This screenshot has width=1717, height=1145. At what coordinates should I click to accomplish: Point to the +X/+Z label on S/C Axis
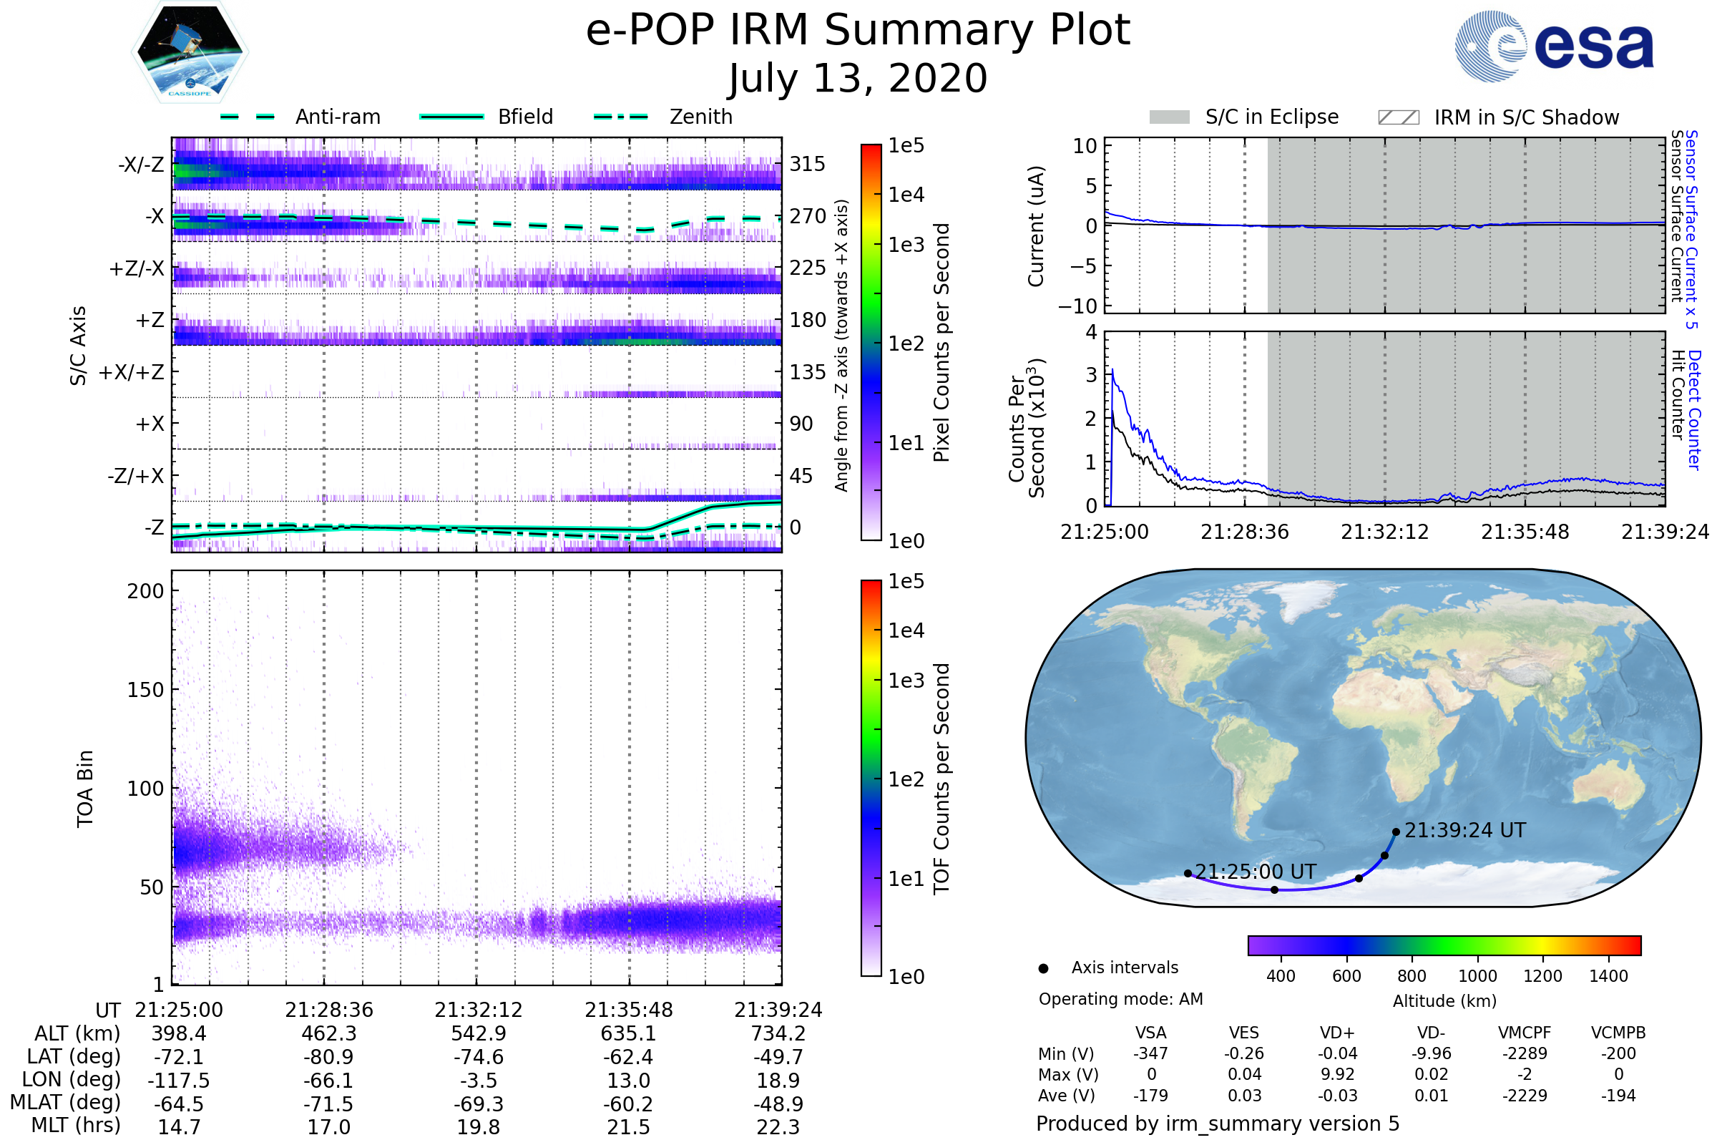pos(132,372)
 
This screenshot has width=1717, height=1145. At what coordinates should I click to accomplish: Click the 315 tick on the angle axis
pos(808,164)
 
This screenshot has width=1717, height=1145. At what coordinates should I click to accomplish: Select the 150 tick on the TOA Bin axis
pos(145,690)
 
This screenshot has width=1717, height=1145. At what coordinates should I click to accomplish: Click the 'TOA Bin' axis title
pos(84,789)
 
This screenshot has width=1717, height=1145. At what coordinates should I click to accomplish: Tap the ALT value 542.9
pos(478,1034)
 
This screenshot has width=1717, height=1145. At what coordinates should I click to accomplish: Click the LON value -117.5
pos(179,1081)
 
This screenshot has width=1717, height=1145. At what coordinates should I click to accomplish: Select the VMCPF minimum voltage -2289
pos(1525,1053)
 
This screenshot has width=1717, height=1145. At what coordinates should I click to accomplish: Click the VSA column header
pos(1150,1033)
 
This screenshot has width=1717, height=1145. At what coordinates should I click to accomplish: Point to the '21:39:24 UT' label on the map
pos(1464,831)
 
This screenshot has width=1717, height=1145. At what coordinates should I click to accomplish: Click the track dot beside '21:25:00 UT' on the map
pos(1188,873)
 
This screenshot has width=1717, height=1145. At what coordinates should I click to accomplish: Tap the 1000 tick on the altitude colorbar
pos(1477,976)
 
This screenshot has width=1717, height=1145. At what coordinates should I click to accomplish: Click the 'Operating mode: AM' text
pos(1120,999)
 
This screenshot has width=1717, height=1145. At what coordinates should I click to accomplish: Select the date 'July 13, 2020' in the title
pos(858,79)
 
